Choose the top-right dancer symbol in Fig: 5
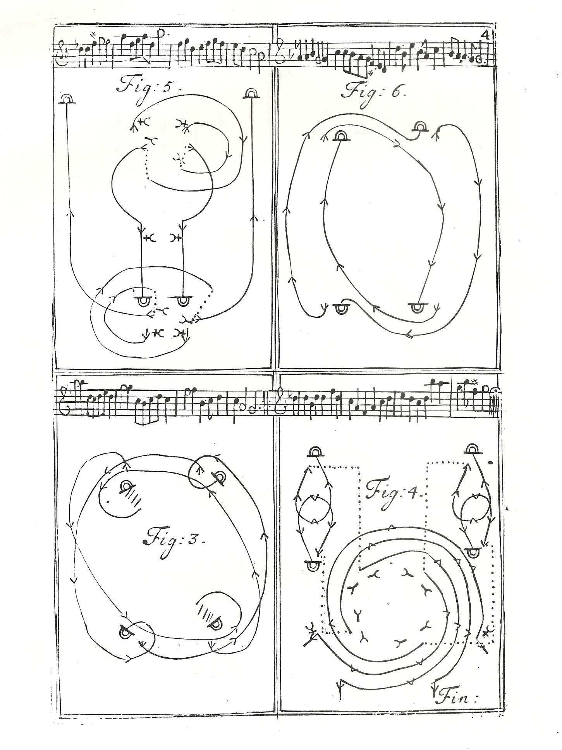click(x=251, y=93)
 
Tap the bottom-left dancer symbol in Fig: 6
click(x=341, y=308)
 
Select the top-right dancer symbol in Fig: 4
click(x=473, y=449)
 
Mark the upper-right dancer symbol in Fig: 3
click(x=219, y=478)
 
